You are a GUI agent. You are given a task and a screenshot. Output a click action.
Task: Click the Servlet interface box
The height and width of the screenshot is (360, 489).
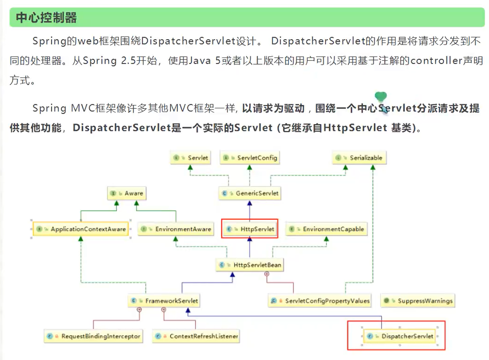point(191,158)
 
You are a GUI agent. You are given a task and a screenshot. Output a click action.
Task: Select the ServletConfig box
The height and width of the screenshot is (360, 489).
point(250,158)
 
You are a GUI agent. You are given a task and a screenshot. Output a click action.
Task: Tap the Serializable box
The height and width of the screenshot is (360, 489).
point(359,158)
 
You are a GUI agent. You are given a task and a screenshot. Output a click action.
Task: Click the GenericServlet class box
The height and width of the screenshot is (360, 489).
point(250,193)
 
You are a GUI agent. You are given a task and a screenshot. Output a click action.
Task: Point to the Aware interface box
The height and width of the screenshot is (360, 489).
point(127,193)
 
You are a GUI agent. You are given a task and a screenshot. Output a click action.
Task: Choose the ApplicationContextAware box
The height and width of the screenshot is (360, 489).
point(81,229)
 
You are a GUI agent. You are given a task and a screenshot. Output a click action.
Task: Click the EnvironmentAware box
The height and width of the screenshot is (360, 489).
point(176,229)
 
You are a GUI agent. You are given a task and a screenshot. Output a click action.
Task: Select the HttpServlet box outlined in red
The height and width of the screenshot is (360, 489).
point(250,229)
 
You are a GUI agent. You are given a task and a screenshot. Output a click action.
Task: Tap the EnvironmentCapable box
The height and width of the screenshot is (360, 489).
point(326,229)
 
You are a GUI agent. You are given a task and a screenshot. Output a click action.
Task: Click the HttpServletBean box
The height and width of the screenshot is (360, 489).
point(250,265)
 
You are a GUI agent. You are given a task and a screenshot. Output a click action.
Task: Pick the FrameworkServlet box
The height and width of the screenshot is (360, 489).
point(164,301)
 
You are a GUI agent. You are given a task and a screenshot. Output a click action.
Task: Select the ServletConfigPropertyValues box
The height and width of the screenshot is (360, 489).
point(320,301)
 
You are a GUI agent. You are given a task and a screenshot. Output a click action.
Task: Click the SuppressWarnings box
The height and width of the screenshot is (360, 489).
point(418,301)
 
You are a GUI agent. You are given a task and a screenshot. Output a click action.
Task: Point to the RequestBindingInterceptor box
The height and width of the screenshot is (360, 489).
point(94,336)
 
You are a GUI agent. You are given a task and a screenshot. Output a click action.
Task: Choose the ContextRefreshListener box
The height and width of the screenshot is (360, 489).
point(196,336)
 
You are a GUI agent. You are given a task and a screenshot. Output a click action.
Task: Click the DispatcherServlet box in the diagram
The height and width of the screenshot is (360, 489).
point(400,336)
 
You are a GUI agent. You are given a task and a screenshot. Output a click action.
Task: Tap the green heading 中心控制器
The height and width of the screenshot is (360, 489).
point(46,17)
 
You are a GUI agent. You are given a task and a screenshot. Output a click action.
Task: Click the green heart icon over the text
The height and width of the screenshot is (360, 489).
point(381,96)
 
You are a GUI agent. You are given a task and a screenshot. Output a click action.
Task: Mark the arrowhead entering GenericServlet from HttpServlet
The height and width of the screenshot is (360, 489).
point(250,203)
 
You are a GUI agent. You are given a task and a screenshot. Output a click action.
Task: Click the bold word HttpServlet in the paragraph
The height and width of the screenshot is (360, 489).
point(355,128)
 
